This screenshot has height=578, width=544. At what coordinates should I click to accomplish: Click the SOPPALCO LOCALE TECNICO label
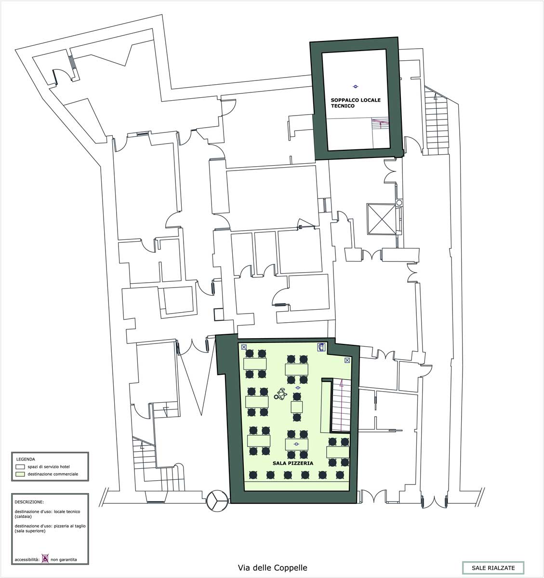pos(355,103)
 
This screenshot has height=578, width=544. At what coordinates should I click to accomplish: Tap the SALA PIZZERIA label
pos(292,463)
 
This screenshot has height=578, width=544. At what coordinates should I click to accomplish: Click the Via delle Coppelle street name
pos(272,568)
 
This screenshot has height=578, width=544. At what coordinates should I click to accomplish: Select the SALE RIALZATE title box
pos(493,568)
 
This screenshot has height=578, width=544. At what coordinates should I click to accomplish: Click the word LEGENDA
pos(26,459)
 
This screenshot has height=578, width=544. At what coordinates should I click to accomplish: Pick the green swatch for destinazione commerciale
pos(20,474)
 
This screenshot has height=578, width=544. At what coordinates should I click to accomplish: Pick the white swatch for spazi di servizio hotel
pos(20,467)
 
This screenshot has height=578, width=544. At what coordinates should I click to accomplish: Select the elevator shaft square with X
pos(382,219)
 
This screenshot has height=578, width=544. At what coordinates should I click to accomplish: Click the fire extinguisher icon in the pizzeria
pos(321,347)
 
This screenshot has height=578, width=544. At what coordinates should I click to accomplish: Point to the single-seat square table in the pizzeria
pos(296,407)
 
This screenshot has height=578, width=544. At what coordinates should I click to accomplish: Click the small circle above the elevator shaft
pos(399,202)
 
